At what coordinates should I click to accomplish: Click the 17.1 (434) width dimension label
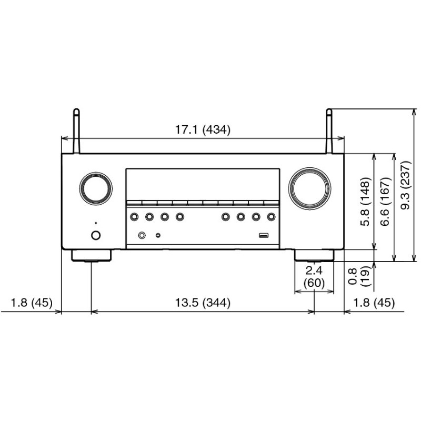[203, 129]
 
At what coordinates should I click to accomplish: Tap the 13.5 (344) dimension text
[203, 303]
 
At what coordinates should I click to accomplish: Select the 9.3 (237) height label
[406, 185]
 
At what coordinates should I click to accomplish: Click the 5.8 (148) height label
[365, 202]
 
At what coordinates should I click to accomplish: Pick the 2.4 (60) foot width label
[314, 277]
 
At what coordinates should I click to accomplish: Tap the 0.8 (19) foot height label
[358, 276]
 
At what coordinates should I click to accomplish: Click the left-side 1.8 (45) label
[32, 303]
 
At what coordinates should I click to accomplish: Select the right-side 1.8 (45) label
[374, 303]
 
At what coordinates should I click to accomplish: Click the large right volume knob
[309, 188]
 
